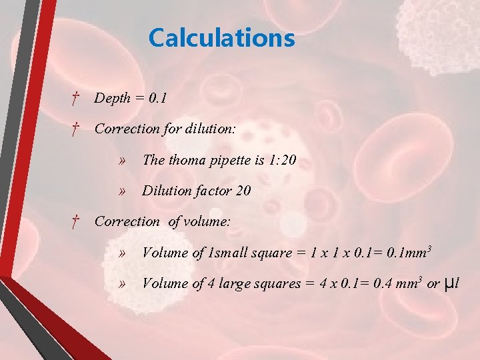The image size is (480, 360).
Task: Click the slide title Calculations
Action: [x=221, y=37]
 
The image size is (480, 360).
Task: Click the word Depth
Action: [x=112, y=99]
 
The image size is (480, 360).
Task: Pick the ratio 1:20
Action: [x=283, y=160]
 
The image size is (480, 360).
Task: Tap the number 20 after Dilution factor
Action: [x=243, y=191]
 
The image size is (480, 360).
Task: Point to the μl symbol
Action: [x=451, y=284]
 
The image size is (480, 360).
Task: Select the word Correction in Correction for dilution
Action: [x=127, y=129]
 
